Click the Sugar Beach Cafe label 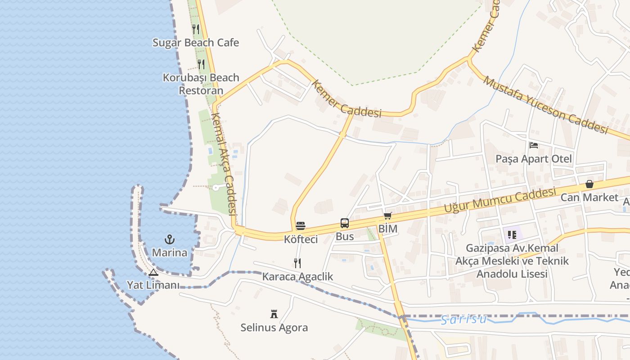click(196, 43)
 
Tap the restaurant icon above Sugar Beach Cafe click(196, 29)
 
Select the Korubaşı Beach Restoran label click(201, 84)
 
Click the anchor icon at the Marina click(170, 239)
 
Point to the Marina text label click(170, 252)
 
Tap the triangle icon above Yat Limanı click(153, 272)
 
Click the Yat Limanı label click(153, 285)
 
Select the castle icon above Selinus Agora click(274, 314)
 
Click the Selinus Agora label click(274, 327)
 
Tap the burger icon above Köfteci click(301, 226)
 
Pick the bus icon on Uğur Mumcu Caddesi click(345, 223)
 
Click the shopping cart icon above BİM click(387, 216)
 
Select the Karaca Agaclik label click(298, 276)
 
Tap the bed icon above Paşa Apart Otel click(534, 145)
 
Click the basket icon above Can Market click(589, 184)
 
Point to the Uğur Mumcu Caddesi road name click(499, 201)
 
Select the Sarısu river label click(463, 319)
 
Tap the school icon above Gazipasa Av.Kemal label click(512, 234)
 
